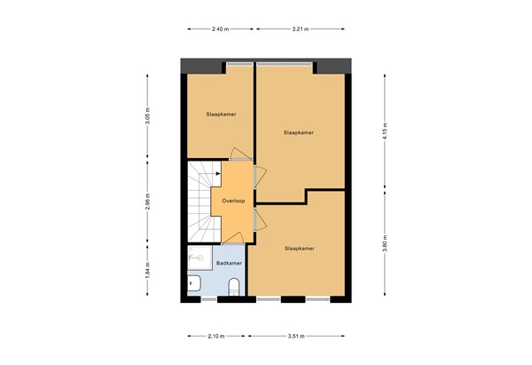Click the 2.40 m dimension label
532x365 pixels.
(221, 30)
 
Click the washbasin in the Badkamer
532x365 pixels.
(193, 285)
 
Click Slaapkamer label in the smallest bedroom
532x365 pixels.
(219, 115)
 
